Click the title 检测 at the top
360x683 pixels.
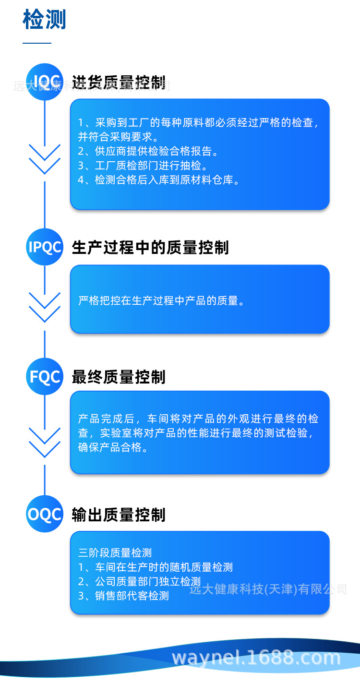coord(44,20)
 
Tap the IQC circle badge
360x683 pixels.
coord(45,82)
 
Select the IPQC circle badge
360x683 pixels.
coord(45,247)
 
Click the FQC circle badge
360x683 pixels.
coord(45,377)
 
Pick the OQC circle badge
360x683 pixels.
coord(45,514)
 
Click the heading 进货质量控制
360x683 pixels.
coord(119,82)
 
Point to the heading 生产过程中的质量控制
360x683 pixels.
coord(150,248)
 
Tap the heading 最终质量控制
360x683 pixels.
coord(119,377)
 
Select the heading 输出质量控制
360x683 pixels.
coord(119,515)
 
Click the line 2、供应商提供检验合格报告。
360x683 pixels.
coord(148,152)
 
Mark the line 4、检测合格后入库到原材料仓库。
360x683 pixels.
coord(159,180)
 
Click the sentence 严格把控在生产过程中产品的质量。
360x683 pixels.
coord(162,301)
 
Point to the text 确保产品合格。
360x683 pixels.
coord(113,447)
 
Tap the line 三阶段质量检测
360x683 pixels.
coord(115,553)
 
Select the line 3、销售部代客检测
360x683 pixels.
coord(123,596)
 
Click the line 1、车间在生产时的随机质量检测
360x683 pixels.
coord(155,567)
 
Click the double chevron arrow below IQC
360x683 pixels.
coord(45,159)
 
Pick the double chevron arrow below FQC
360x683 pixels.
coord(45,443)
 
